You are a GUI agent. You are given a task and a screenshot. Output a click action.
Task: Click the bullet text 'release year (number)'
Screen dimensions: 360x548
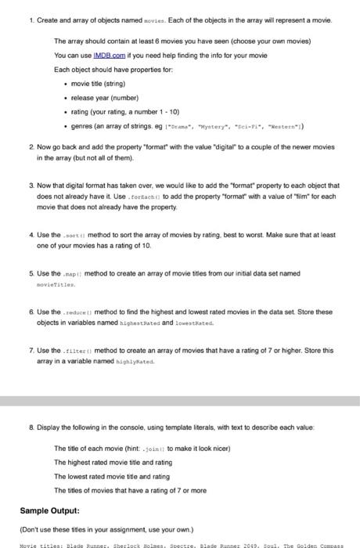(104, 97)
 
